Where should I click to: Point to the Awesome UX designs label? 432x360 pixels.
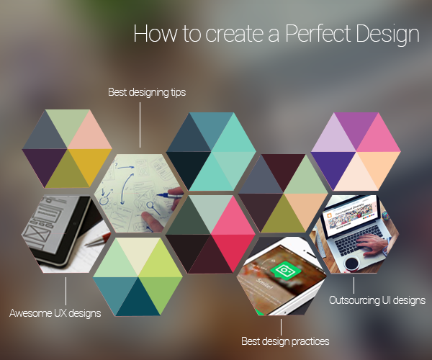55,313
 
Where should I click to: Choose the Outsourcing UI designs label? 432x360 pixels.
377,300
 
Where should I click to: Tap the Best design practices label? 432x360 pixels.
285,341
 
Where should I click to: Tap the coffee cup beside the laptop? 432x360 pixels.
352,263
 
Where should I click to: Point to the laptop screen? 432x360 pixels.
346,225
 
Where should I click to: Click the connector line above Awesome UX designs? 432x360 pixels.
66,292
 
